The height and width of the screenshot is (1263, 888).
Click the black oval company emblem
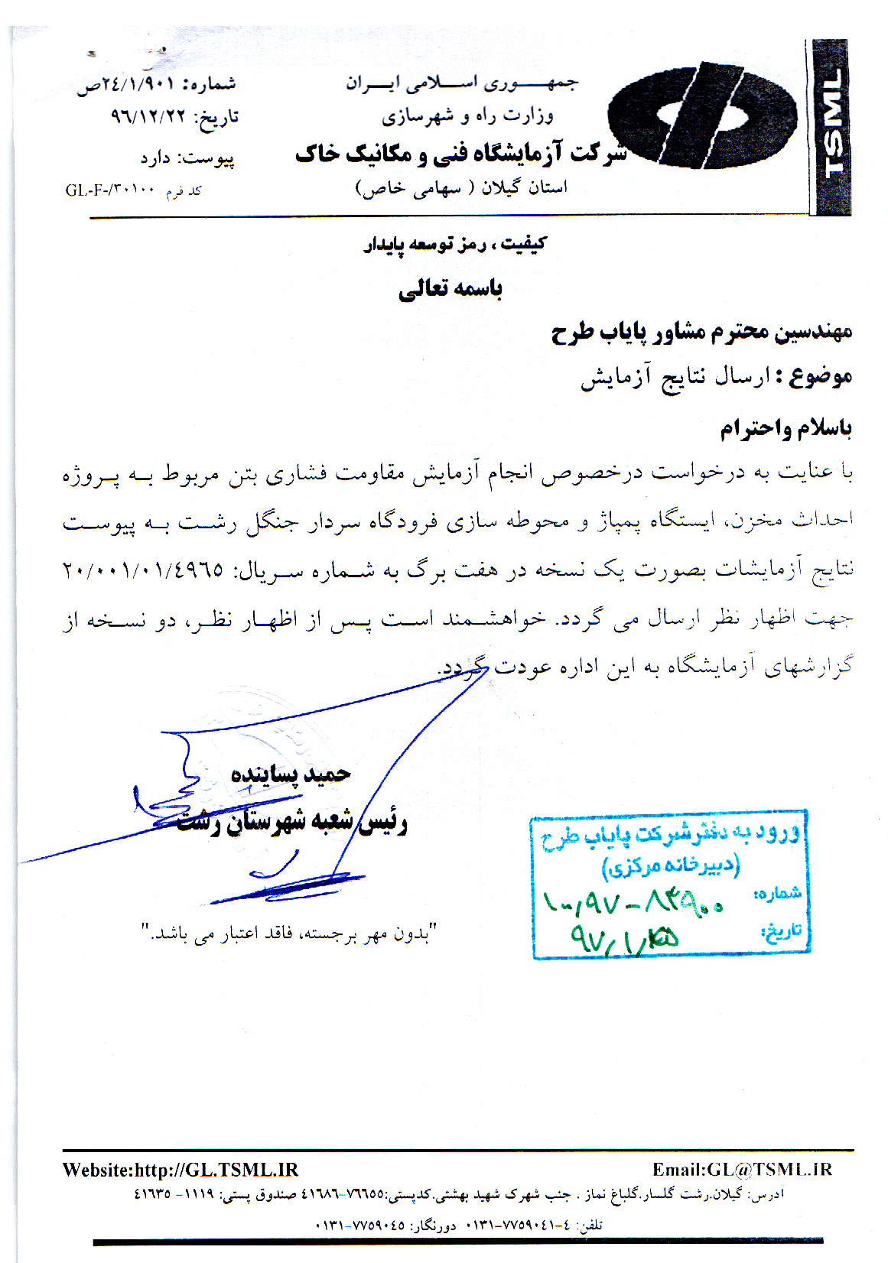point(702,116)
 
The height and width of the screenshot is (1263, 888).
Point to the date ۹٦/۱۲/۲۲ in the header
point(148,116)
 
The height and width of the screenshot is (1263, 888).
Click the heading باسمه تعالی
point(451,289)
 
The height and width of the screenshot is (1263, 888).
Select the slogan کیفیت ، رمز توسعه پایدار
point(454,245)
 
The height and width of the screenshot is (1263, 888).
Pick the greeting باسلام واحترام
point(786,428)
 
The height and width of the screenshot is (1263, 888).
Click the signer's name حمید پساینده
point(291,774)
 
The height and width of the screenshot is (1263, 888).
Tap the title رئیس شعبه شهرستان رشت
point(292,822)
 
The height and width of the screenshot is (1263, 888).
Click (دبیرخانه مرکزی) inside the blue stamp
point(671,866)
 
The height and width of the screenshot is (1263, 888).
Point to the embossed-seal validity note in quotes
point(288,933)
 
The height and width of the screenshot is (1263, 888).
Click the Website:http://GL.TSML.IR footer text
point(181,1170)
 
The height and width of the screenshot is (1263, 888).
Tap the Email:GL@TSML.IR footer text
point(741,1170)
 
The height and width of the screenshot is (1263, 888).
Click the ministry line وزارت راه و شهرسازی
point(467,116)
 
